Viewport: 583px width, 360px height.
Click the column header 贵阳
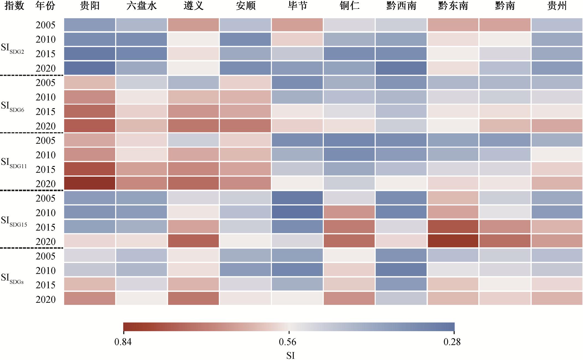tap(90, 6)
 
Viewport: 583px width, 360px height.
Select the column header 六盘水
tap(141, 6)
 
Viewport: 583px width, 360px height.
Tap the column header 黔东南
tap(453, 6)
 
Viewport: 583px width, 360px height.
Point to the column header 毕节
tap(297, 6)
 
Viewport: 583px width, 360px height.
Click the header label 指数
tap(14, 6)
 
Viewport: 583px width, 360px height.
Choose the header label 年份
tap(45, 6)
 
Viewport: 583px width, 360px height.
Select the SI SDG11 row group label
tap(14, 163)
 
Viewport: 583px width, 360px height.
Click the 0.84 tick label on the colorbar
tap(123, 342)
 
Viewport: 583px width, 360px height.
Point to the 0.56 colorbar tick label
tap(287, 342)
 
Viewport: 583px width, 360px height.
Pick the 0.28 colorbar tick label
tap(452, 342)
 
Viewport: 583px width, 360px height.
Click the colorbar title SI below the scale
tap(290, 355)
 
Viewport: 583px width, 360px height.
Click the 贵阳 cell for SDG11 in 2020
tap(90, 183)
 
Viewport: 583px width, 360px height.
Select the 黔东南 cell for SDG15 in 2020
tap(453, 241)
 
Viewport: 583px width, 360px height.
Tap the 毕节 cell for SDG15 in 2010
tap(297, 212)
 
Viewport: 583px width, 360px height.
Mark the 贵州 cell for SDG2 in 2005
tap(557, 25)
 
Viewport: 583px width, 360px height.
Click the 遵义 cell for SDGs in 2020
tap(193, 299)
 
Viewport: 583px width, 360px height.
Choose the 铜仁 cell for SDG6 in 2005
tap(349, 82)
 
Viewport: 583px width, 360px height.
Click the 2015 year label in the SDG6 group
tap(46, 112)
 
